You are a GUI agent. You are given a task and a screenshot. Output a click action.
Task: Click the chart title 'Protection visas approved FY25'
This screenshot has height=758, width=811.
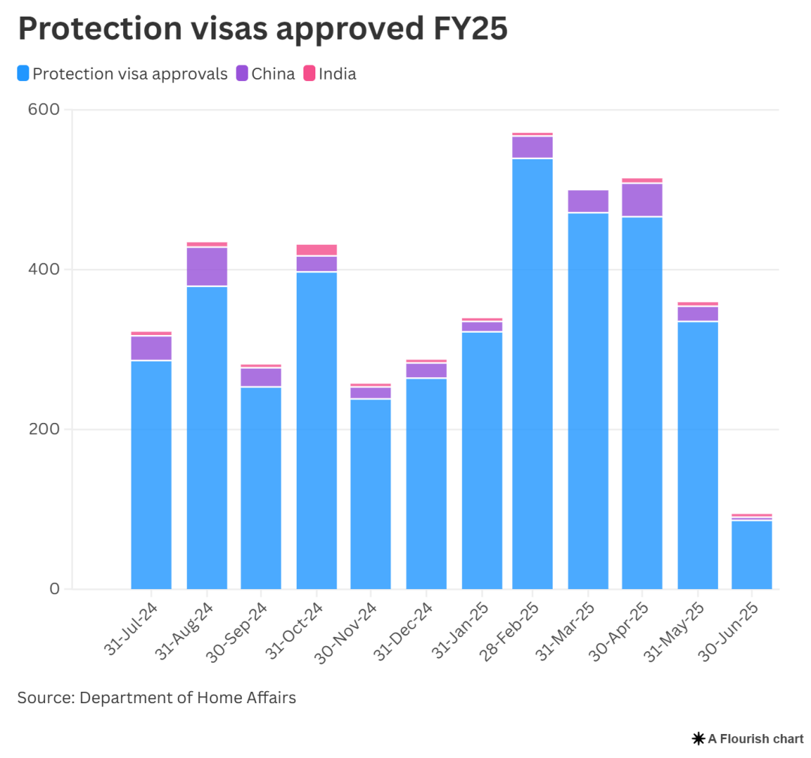pyautogui.click(x=262, y=29)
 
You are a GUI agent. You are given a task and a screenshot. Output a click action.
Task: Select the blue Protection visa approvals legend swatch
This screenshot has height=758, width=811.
pyautogui.click(x=23, y=74)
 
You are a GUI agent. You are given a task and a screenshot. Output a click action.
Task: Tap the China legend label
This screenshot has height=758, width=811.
pyautogui.click(x=273, y=74)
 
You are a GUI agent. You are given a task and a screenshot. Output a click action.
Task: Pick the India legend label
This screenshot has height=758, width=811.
pyautogui.click(x=337, y=74)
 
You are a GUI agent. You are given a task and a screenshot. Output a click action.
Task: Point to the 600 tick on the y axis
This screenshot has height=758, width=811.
pyautogui.click(x=44, y=110)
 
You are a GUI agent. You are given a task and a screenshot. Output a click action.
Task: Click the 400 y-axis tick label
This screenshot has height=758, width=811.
pyautogui.click(x=44, y=269)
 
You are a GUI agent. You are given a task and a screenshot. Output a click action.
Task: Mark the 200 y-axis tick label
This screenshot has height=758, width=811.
pyautogui.click(x=44, y=429)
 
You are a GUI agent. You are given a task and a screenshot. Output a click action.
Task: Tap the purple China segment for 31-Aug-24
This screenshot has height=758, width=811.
pyautogui.click(x=207, y=267)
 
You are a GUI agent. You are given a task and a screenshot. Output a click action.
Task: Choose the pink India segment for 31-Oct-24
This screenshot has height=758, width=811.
pyautogui.click(x=317, y=250)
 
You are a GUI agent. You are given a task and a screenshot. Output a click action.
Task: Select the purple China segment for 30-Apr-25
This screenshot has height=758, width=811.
pyautogui.click(x=642, y=200)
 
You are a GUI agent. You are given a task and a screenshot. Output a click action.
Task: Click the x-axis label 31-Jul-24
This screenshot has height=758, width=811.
pyautogui.click(x=132, y=630)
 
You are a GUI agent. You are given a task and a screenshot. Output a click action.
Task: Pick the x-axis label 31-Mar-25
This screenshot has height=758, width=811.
pyautogui.click(x=568, y=630)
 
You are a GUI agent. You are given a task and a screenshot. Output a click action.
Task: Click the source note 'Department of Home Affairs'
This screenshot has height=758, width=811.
pyautogui.click(x=188, y=698)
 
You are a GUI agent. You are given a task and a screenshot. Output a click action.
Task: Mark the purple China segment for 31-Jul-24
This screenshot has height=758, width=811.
pyautogui.click(x=151, y=348)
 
